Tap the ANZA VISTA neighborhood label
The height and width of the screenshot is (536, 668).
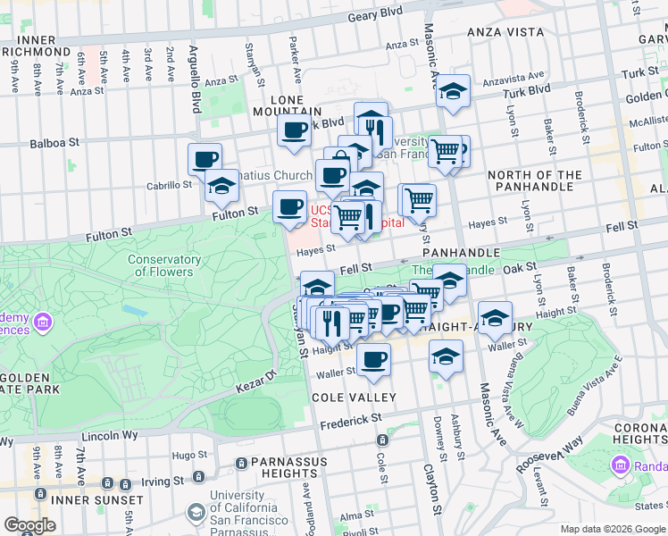click(505, 32)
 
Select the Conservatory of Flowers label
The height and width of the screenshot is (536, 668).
click(163, 265)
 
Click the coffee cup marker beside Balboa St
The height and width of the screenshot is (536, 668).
click(205, 159)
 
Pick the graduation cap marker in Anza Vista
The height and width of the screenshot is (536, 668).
click(454, 91)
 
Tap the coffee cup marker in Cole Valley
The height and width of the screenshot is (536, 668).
click(373, 359)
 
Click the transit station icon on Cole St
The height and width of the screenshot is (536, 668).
click(382, 440)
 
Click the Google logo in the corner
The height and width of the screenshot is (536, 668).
click(29, 525)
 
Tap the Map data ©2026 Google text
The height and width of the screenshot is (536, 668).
click(613, 529)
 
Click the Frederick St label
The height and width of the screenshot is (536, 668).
click(352, 418)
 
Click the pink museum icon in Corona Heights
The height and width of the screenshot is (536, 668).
click(621, 465)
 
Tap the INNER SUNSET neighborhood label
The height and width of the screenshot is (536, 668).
click(98, 500)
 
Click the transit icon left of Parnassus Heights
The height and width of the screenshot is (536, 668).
click(241, 463)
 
